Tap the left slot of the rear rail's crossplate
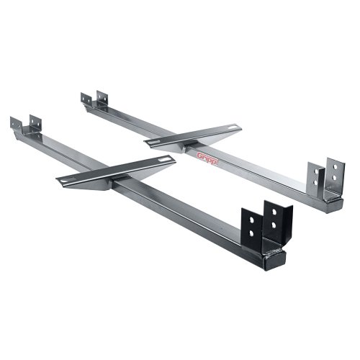point(156,142)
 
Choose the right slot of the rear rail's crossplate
point(230,130)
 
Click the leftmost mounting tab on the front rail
point(15,124)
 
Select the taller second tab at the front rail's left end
point(32,120)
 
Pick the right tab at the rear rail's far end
point(102,96)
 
